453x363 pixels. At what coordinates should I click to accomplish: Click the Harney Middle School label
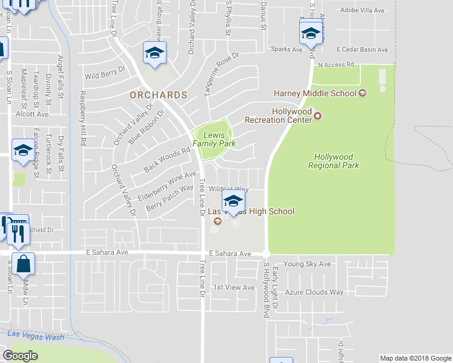315,93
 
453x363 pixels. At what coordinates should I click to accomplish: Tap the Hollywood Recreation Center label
292,116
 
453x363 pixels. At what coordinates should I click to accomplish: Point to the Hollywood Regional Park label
333,161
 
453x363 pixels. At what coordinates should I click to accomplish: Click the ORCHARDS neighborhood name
158,96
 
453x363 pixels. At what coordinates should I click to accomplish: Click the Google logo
20,356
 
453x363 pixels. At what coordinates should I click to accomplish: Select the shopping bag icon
23,264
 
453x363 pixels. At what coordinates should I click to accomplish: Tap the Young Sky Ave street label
308,264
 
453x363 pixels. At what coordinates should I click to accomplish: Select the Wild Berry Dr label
105,76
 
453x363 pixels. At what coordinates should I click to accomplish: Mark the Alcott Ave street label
33,114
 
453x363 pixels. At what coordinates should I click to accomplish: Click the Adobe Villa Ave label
363,10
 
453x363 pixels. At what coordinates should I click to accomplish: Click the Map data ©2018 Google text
415,358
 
